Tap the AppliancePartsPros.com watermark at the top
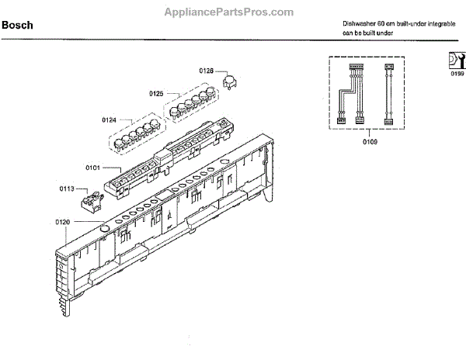[228, 12]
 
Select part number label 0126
[206, 71]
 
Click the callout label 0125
[156, 94]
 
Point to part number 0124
[109, 119]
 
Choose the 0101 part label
[93, 166]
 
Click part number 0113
[67, 188]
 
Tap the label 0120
[63, 223]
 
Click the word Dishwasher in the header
[358, 24]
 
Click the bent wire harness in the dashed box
[350, 94]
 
